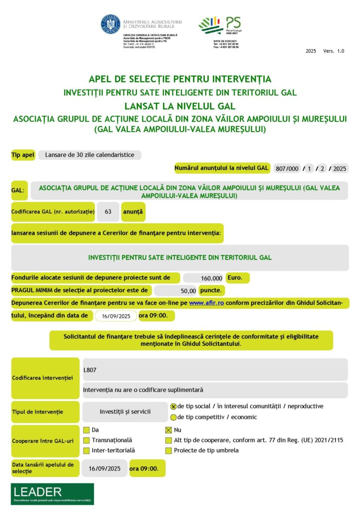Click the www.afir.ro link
tap(206, 303)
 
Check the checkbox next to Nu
tap(169, 430)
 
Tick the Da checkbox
tap(87, 430)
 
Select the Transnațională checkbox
tap(87, 440)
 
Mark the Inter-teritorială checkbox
tap(87, 451)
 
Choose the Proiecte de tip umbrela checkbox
tap(169, 451)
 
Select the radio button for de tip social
tap(173, 407)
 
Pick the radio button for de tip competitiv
tap(173, 418)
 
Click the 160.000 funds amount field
tap(203, 278)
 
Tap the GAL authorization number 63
tap(108, 212)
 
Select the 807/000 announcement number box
tap(287, 169)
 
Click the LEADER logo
tap(52, 494)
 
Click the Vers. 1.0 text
tap(333, 51)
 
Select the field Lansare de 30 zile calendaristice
tap(90, 155)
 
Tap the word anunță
tap(133, 212)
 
